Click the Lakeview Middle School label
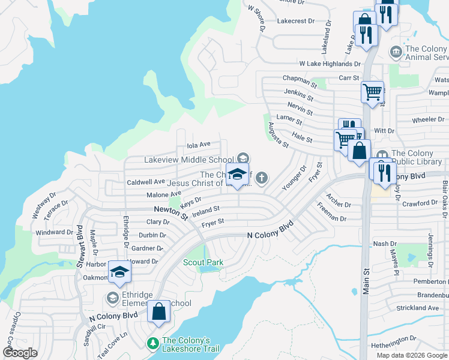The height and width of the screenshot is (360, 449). pyautogui.click(x=188, y=160)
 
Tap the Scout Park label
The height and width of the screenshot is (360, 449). pyautogui.click(x=203, y=262)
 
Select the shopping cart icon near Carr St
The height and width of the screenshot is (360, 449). pyautogui.click(x=372, y=92)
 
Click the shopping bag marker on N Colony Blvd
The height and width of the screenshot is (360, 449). pyautogui.click(x=158, y=312)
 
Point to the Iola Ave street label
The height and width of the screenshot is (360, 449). pyautogui.click(x=199, y=145)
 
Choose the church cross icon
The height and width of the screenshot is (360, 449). pyautogui.click(x=261, y=178)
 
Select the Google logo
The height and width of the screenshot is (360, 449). pyautogui.click(x=20, y=353)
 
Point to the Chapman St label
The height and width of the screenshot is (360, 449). pyautogui.click(x=300, y=80)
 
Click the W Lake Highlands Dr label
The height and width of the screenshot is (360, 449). pyautogui.click(x=330, y=64)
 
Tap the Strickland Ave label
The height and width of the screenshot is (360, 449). pyautogui.click(x=418, y=308)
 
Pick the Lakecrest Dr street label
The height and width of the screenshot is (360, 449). pyautogui.click(x=295, y=21)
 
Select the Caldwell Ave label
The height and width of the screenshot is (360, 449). pyautogui.click(x=146, y=181)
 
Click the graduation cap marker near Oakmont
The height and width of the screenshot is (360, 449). pyautogui.click(x=119, y=272)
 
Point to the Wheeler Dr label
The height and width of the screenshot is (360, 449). pyautogui.click(x=427, y=119)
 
